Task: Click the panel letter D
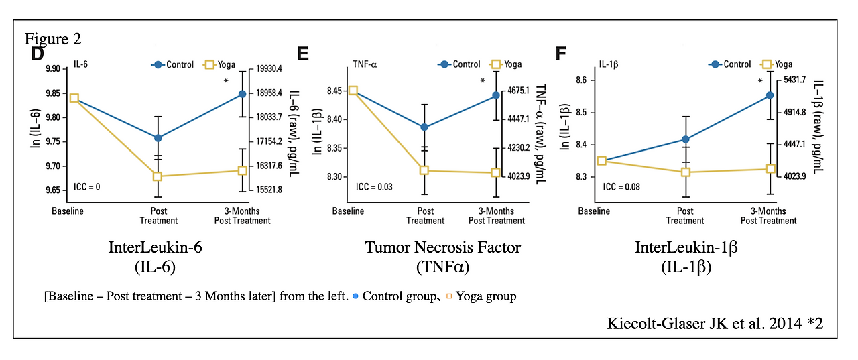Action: pos(38,54)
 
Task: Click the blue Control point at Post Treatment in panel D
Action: pos(158,138)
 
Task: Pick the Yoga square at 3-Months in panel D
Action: pos(243,170)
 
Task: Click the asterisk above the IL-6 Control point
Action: pos(227,82)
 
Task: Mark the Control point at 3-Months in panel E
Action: pos(496,95)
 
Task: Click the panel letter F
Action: pos(562,53)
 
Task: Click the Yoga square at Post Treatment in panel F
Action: pos(686,172)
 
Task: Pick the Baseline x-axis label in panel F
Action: pos(595,211)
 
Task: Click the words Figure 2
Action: pos(53,38)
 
